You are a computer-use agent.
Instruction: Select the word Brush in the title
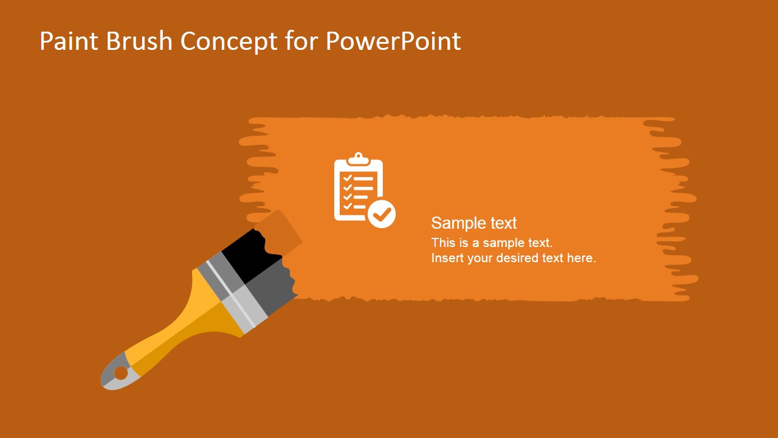139,40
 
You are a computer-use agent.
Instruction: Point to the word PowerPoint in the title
393,41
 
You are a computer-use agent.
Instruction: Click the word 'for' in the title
301,40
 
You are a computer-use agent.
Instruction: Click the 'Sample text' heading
473,223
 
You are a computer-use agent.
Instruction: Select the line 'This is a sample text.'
492,243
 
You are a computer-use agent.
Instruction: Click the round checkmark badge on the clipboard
382,214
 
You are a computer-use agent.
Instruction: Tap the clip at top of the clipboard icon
359,159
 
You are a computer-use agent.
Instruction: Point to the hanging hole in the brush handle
121,374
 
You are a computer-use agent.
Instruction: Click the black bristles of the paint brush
250,255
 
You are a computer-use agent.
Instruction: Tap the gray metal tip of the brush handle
117,373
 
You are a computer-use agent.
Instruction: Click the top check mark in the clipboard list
347,178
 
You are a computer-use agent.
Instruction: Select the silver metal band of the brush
233,293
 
